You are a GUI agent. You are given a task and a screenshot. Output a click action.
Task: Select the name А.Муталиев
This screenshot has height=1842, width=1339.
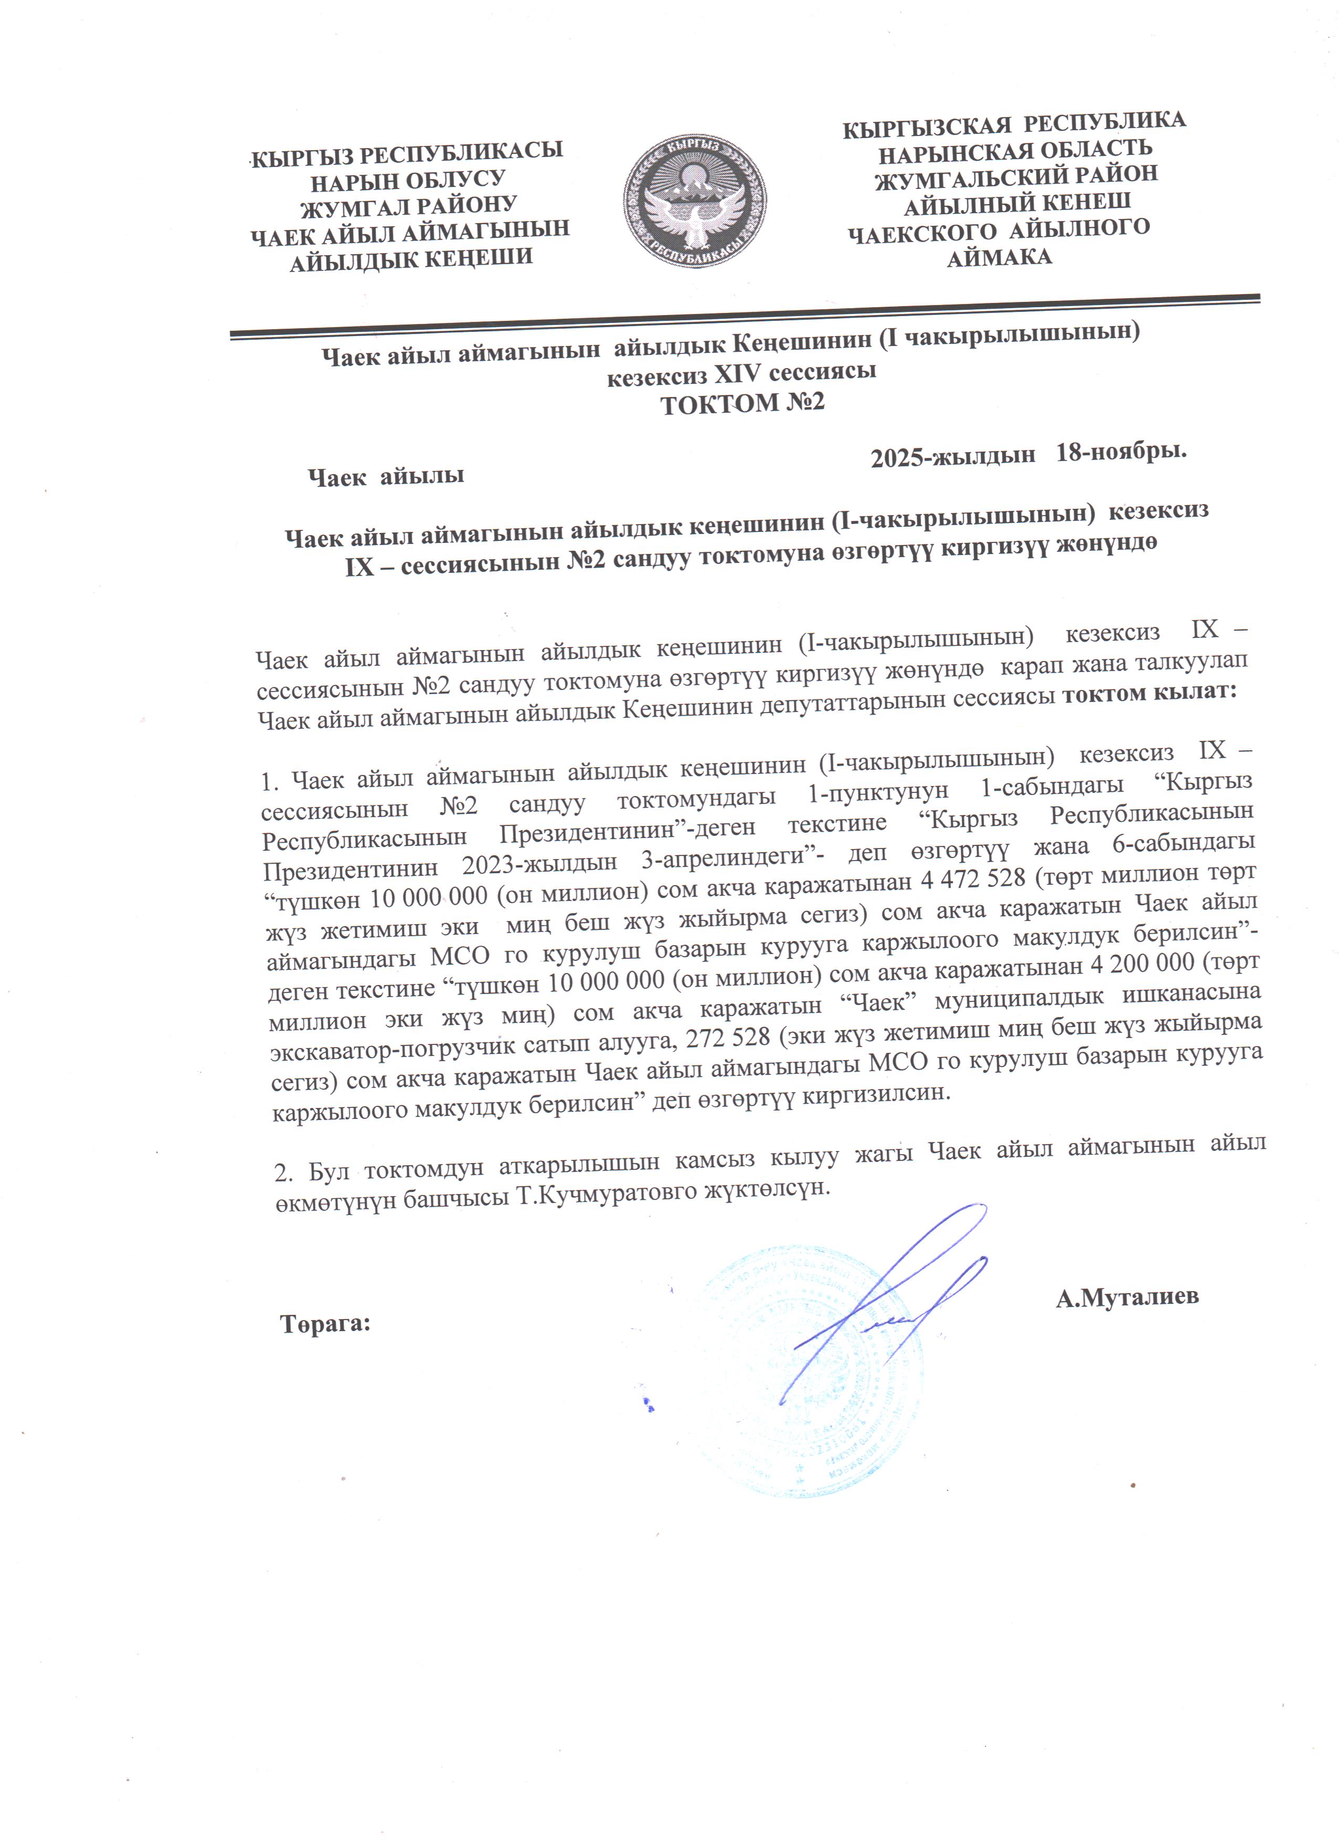coord(1126,1297)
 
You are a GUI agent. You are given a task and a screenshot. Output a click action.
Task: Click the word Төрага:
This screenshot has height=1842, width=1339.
coord(326,1324)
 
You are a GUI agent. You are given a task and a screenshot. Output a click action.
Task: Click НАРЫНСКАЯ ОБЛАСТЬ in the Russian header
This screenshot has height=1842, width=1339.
coord(1015,150)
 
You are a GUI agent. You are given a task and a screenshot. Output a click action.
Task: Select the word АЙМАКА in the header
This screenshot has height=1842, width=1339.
coord(999,258)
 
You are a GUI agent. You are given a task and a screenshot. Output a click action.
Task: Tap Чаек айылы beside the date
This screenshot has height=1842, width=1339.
coord(386,476)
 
